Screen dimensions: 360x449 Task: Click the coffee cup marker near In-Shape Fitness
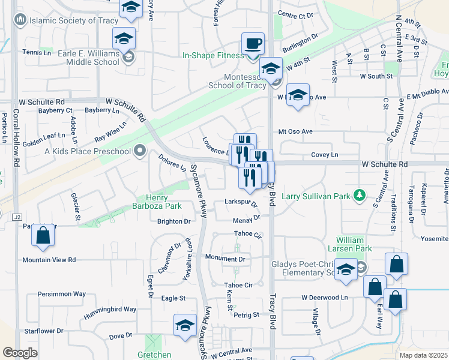coord(253,44)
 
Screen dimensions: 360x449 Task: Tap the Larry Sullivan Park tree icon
coord(359,195)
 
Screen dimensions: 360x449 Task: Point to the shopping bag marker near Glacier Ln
coord(43,236)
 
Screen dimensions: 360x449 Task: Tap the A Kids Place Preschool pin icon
coord(140,151)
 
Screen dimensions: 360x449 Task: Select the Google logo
coord(20,352)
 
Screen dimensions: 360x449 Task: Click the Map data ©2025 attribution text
coord(424,355)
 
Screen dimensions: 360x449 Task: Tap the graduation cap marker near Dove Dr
coord(185,326)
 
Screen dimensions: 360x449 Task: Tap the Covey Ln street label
coord(324,155)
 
